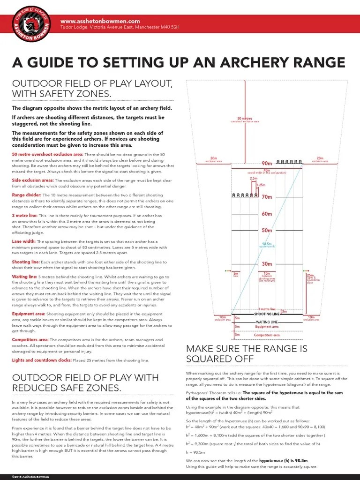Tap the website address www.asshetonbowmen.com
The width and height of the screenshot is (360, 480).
click(100, 21)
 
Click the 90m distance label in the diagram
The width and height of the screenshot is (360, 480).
click(267, 164)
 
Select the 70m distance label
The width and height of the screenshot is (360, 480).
click(267, 197)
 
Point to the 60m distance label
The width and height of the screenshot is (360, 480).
click(267, 214)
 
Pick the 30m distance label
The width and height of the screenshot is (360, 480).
click(267, 264)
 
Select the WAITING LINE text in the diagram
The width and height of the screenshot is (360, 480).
click(267, 322)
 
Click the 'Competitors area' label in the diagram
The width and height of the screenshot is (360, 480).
click(267, 335)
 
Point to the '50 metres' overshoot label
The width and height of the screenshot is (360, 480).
click(245, 119)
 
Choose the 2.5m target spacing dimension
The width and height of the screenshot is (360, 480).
click(254, 179)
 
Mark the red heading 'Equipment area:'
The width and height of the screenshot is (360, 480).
click(29, 314)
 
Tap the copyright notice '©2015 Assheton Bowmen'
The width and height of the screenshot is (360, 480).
click(30, 477)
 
